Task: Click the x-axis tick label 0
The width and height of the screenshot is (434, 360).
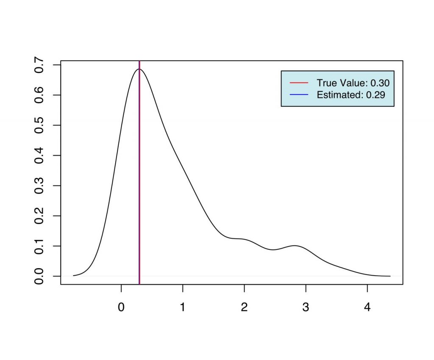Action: point(121,307)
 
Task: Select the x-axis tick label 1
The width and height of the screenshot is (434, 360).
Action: point(183,307)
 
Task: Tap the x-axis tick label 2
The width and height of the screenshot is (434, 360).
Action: point(244,307)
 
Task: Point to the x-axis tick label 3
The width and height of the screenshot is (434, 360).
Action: point(306,307)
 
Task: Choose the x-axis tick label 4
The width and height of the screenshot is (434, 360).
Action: point(367,307)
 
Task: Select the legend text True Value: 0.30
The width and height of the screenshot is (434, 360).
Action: point(353,83)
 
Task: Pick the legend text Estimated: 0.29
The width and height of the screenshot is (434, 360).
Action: point(351,95)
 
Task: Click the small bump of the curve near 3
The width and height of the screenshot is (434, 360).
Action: point(295,246)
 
